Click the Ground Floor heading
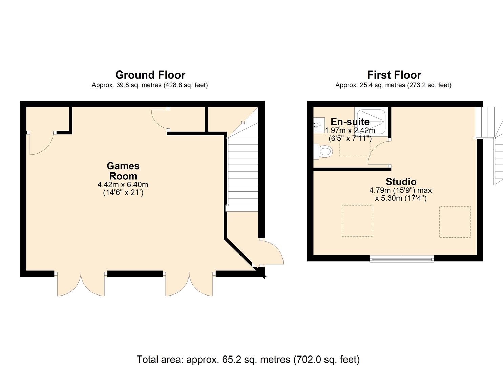coord(150,75)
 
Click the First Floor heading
coord(394,75)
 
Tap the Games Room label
coord(123,171)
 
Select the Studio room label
coord(401,182)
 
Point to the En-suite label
coord(350,122)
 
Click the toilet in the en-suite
coord(324,151)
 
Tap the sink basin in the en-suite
coord(318,125)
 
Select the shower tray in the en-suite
coord(371,121)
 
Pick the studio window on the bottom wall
coord(402,259)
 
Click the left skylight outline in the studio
coord(357,221)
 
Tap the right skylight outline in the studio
coord(455,222)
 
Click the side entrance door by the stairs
coord(272,252)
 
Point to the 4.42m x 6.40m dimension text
coord(123,185)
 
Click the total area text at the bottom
coord(248,359)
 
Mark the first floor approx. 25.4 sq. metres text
coord(393,85)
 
